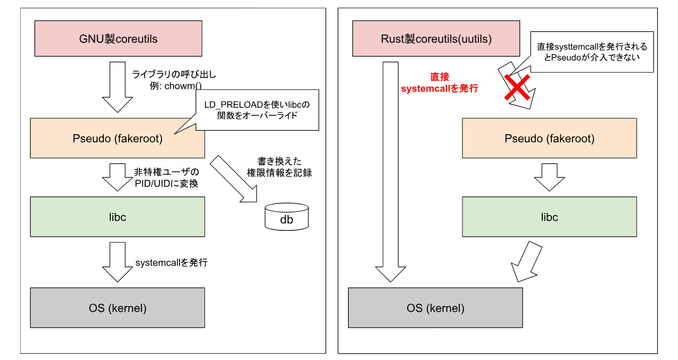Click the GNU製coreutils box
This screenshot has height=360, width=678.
click(118, 39)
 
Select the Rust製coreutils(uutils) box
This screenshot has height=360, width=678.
click(436, 39)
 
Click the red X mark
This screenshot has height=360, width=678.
click(517, 87)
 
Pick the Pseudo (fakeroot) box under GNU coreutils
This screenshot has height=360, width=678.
click(118, 138)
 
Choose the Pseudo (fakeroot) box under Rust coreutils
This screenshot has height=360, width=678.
click(549, 138)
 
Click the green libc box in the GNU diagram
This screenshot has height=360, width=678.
click(118, 217)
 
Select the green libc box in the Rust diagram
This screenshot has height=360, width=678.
click(549, 217)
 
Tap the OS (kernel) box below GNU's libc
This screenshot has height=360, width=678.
click(118, 308)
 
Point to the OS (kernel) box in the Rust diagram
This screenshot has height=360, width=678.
click(435, 308)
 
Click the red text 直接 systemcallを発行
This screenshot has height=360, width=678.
click(440, 83)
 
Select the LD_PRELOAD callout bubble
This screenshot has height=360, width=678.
click(257, 110)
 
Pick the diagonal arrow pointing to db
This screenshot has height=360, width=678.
click(233, 179)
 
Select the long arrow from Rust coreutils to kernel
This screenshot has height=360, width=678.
click(390, 169)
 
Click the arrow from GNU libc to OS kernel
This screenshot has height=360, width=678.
click(118, 262)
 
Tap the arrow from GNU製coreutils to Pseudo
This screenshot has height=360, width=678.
click(118, 86)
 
